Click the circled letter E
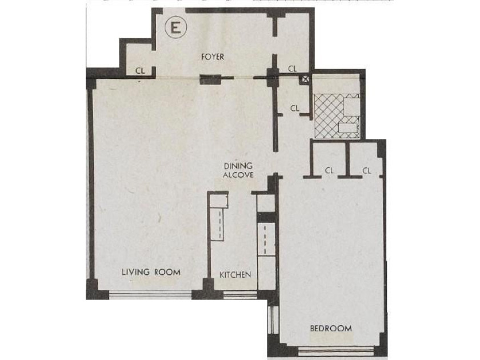pos(175,28)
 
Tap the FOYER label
pos(213,57)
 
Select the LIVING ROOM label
pos(151,272)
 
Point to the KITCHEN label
pos(235,275)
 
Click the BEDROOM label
pos(331,329)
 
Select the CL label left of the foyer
pos(140,71)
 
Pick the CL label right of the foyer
pos(293,69)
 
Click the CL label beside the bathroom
pos(294,108)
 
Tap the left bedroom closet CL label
pos(329,170)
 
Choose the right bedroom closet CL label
pos(367,170)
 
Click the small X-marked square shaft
pos(305,79)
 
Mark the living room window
pos(150,294)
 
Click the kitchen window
pos(240,294)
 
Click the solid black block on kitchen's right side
pos(266,217)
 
